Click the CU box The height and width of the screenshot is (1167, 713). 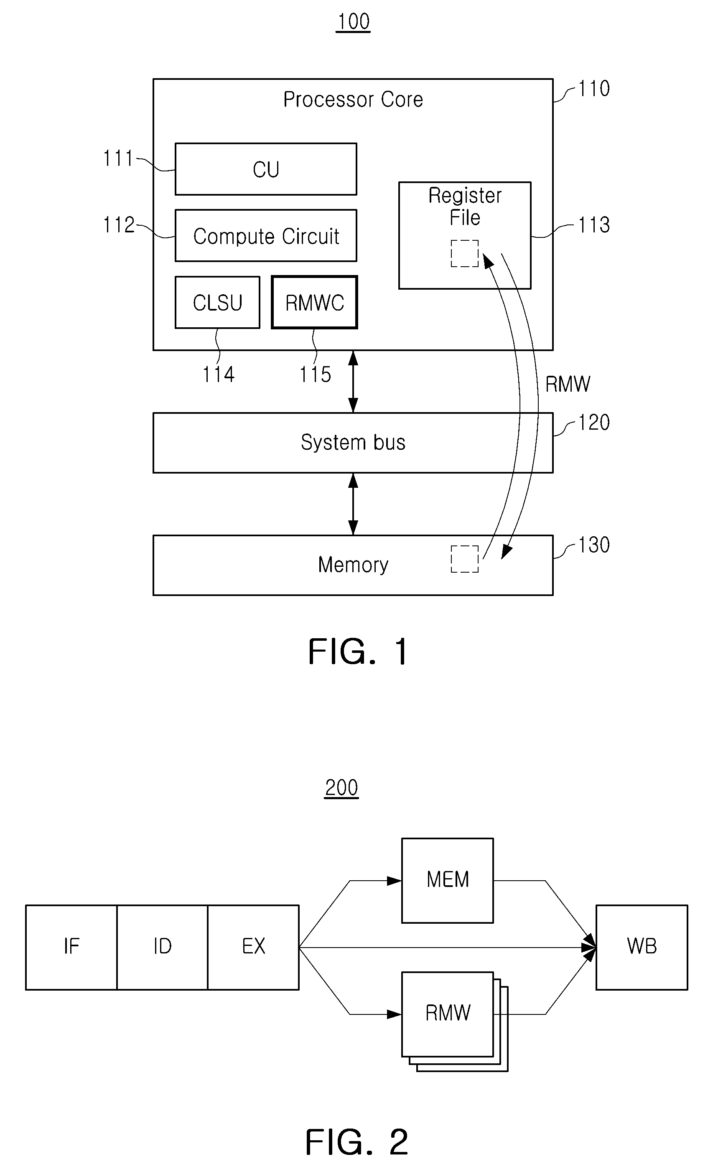pos(266,169)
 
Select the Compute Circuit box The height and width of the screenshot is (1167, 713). pos(266,235)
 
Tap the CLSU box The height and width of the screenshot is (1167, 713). pos(217,302)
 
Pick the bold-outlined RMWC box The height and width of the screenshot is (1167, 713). pos(314,302)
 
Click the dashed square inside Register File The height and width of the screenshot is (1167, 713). pos(464,253)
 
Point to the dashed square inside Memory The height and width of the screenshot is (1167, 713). pos(464,559)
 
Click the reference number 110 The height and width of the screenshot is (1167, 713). pos(594,89)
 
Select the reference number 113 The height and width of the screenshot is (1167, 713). pos(594,224)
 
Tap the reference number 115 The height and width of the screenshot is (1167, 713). pos(315,374)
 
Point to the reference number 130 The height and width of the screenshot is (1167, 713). pos(594,545)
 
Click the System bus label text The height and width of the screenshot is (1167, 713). pos(353,442)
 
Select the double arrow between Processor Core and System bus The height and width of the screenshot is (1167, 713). pos(353,382)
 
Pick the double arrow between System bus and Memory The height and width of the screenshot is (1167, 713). pos(353,504)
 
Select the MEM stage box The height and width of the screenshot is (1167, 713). pos(447,880)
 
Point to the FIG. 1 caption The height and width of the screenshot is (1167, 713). pos(358,652)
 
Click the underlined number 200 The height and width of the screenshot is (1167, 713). pos(341,787)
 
